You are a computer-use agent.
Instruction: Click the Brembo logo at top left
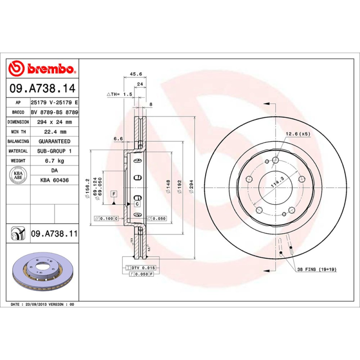(41, 69)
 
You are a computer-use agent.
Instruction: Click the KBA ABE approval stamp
(18, 175)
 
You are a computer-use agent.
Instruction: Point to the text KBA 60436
(54, 180)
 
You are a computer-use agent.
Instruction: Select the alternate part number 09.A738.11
(54, 234)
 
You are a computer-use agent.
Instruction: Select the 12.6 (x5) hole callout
(298, 134)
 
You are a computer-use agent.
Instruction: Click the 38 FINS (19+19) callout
(317, 269)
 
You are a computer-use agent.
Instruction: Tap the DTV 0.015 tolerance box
(143, 268)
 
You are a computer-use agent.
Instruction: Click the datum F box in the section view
(114, 194)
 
